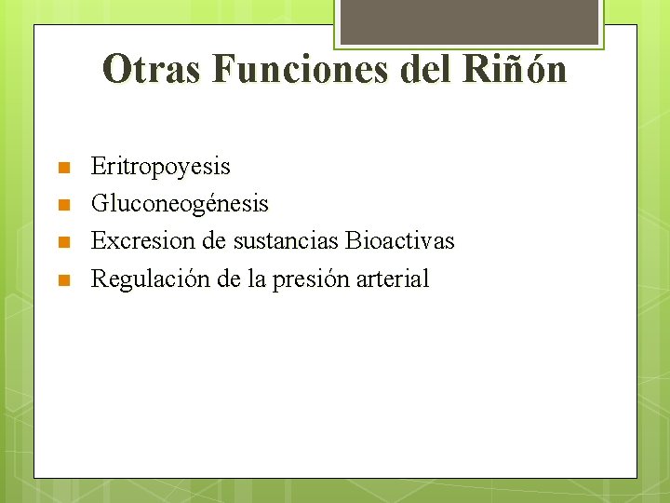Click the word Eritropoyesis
pos(160,167)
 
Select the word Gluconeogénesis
pos(180,203)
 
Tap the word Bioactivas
pos(400,240)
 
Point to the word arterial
pos(392,279)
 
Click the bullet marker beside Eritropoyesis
pos(63,169)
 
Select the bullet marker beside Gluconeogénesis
pos(63,205)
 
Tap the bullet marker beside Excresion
pos(63,242)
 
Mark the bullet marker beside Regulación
pos(63,279)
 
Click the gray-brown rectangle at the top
pos(469,20)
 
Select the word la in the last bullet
pos(257,279)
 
